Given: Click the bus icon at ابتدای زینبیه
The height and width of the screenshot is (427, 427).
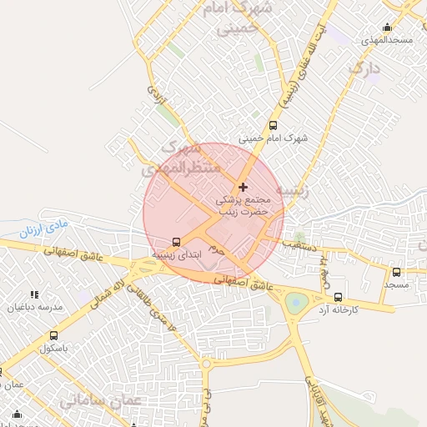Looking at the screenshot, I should click(x=176, y=242).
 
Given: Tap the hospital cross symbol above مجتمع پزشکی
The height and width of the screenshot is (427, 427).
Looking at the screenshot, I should click(x=243, y=187).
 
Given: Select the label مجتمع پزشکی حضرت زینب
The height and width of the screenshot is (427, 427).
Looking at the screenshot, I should click(x=243, y=206).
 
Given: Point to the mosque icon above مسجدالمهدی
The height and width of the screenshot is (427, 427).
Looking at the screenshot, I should click(x=386, y=27).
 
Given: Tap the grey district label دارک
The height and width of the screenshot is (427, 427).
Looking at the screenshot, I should click(x=364, y=70).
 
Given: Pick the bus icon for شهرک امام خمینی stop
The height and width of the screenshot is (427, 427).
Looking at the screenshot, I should click(x=273, y=125).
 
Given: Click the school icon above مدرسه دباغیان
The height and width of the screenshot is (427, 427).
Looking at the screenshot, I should click(x=34, y=294).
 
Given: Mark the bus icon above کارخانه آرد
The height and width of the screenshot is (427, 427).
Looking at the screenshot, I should click(x=338, y=297).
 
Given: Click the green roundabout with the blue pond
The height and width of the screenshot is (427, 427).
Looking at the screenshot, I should click(x=296, y=302).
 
